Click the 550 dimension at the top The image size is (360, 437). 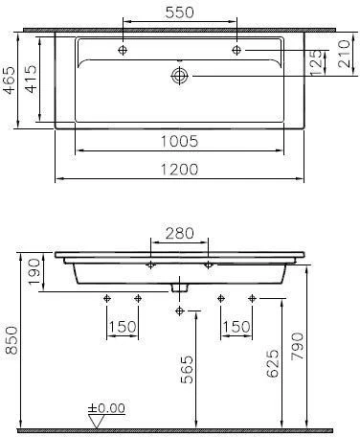[x=179, y=12]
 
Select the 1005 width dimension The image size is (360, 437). [x=179, y=141]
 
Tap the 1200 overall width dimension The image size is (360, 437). [x=179, y=170]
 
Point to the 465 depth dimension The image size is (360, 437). [x=10, y=80]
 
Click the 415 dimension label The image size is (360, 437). [x=32, y=79]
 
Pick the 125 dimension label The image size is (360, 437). [x=316, y=63]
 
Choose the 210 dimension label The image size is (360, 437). [x=344, y=54]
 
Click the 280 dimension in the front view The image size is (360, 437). [x=179, y=233]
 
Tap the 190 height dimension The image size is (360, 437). [x=34, y=272]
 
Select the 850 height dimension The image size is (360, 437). [x=11, y=340]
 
